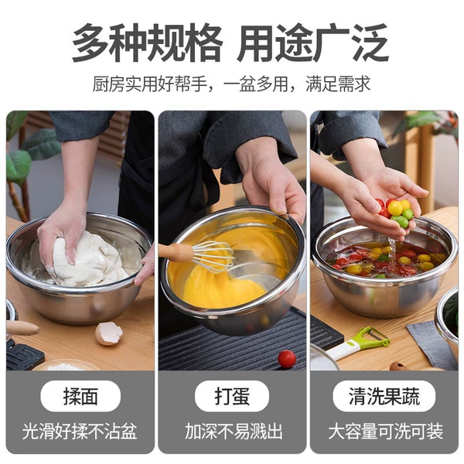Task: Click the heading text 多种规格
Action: pos(147,43)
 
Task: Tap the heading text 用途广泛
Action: pos(312,43)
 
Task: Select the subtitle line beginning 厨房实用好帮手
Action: pos(231,84)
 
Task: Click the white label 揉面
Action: pos(80,396)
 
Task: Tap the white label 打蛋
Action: pos(232,396)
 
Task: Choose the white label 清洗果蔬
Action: pos(384,396)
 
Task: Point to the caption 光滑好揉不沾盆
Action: pos(80,432)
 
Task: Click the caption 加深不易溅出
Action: pos(234,432)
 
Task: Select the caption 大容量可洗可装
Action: pos(386,432)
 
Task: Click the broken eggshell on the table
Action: pos(108,333)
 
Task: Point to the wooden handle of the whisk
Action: pos(176,252)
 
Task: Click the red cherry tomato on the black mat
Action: pos(287,359)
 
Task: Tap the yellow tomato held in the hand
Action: pos(395,208)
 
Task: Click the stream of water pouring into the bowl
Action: pos(392,255)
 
